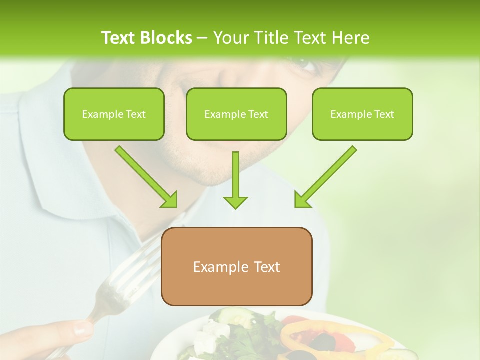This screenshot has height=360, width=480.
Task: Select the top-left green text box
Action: click(x=114, y=114)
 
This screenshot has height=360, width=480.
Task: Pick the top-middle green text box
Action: click(x=236, y=114)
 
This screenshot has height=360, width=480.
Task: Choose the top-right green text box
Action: click(x=362, y=114)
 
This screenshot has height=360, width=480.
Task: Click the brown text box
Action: click(x=236, y=267)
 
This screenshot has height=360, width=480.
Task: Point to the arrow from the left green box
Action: click(x=147, y=177)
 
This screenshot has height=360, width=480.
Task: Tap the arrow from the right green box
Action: click(x=325, y=177)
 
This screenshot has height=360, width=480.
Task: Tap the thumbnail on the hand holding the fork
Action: click(x=83, y=329)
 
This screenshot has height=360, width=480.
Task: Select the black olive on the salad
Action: click(x=325, y=342)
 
